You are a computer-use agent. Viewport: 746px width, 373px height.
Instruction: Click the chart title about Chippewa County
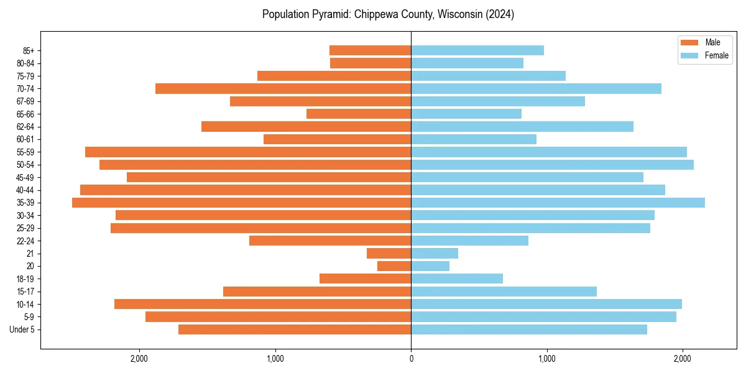[388, 14]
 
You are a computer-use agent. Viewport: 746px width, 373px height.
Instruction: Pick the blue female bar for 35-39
[558, 203]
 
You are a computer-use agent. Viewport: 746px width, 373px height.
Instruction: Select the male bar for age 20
[394, 266]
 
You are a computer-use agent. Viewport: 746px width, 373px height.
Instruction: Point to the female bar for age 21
[435, 254]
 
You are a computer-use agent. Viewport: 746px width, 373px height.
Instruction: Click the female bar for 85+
[477, 50]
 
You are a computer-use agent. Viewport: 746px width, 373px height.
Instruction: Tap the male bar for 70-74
[283, 89]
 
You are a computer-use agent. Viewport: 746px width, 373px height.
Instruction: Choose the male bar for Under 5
[295, 329]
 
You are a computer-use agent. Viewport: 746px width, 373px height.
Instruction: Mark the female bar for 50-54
[552, 165]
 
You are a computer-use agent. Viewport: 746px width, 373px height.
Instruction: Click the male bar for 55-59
[248, 152]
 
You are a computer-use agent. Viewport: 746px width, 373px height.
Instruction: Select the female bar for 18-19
[457, 279]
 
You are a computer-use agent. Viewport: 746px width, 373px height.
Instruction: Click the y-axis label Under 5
[22, 329]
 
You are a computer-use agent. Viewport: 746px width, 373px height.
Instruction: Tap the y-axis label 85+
[28, 50]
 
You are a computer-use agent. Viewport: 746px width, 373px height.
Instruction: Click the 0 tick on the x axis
[411, 359]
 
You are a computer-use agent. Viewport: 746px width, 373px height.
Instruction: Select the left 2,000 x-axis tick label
[139, 359]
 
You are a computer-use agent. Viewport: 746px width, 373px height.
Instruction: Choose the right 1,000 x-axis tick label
[547, 359]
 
